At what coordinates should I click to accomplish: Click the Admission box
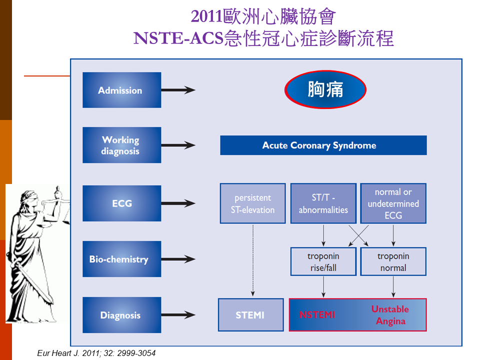pyautogui.click(x=122, y=90)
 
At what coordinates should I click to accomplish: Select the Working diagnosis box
pyautogui.click(x=122, y=145)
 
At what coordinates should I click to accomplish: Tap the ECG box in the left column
pyautogui.click(x=122, y=203)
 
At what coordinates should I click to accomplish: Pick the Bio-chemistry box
pyautogui.click(x=122, y=259)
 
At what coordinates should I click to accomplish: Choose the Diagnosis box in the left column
pyautogui.click(x=122, y=315)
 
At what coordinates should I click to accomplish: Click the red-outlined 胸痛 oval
pyautogui.click(x=325, y=89)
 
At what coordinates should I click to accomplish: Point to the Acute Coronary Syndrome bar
pyautogui.click(x=323, y=145)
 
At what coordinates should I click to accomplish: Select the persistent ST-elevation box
pyautogui.click(x=253, y=203)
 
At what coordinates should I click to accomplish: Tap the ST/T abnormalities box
pyautogui.click(x=323, y=203)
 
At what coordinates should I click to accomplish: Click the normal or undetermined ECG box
pyautogui.click(x=393, y=203)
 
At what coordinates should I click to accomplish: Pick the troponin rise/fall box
pyautogui.click(x=323, y=261)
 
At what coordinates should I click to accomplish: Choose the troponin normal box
pyautogui.click(x=393, y=261)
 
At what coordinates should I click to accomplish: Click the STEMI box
pyautogui.click(x=250, y=315)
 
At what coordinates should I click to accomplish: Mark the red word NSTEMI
pyautogui.click(x=317, y=314)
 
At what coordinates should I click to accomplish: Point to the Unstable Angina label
pyautogui.click(x=390, y=315)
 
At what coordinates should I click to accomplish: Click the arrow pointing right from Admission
pyautogui.click(x=178, y=90)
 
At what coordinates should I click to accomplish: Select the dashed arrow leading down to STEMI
pyautogui.click(x=253, y=260)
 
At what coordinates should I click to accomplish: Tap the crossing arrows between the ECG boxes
pyautogui.click(x=358, y=235)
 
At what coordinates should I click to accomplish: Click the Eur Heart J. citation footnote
pyautogui.click(x=96, y=353)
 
